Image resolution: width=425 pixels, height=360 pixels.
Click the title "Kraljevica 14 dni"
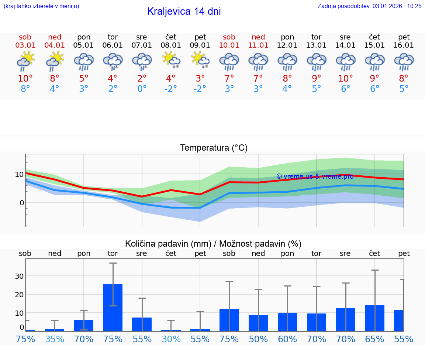click(x=184, y=11)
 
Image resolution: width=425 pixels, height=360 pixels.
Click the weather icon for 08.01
click(x=171, y=61)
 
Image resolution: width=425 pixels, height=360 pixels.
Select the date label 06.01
click(x=113, y=45)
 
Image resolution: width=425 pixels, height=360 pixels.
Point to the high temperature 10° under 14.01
click(x=346, y=79)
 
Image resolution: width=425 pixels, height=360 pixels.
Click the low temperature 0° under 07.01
click(x=142, y=89)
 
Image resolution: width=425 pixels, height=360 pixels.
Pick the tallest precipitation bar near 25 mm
click(x=113, y=308)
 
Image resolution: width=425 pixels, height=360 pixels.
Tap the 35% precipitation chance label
click(x=55, y=339)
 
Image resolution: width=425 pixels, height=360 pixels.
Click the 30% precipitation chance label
click(x=171, y=339)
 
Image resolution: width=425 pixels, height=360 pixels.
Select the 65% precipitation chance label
click(x=375, y=339)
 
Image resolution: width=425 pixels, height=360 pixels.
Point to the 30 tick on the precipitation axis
click(x=19, y=276)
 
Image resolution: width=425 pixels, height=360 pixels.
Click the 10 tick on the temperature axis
click(x=19, y=174)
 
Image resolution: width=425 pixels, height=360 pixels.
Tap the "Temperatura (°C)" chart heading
click(x=214, y=148)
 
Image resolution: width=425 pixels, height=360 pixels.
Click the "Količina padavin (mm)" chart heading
click(x=168, y=244)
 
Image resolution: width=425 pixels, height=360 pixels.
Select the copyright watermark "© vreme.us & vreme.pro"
click(x=315, y=176)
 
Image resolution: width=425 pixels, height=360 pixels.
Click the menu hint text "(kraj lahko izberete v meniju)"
click(x=41, y=6)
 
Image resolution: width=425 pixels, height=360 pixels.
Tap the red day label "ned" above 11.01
click(x=258, y=37)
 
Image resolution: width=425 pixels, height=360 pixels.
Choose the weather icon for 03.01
click(x=25, y=61)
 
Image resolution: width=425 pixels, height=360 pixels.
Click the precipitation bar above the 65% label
click(x=375, y=318)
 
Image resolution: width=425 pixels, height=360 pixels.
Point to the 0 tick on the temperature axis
click(x=21, y=203)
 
